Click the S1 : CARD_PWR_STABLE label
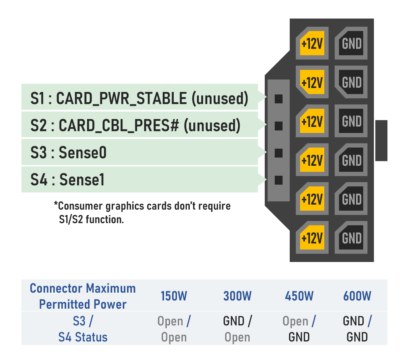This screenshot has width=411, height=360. (x=139, y=98)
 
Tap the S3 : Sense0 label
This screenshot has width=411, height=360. (x=68, y=153)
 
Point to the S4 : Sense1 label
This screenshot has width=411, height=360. (x=67, y=180)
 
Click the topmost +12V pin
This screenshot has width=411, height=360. (x=312, y=43)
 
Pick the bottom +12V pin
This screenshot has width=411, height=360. (x=312, y=237)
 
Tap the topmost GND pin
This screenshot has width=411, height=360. (x=351, y=43)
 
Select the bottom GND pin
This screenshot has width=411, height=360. (x=351, y=237)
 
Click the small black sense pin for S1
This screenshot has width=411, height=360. (x=278, y=99)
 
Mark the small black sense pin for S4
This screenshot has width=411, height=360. (x=278, y=180)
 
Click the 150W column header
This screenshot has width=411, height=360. (x=174, y=296)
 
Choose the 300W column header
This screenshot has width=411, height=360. (x=237, y=296)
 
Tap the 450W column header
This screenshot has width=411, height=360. (x=299, y=296)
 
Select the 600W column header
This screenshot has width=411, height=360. (x=357, y=296)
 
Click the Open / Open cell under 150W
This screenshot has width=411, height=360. (x=174, y=329)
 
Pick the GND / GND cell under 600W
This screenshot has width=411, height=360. (x=357, y=329)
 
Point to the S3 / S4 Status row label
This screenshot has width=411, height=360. (x=83, y=329)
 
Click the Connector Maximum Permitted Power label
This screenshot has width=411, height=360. (x=83, y=296)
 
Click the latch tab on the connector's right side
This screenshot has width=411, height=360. (x=381, y=140)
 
